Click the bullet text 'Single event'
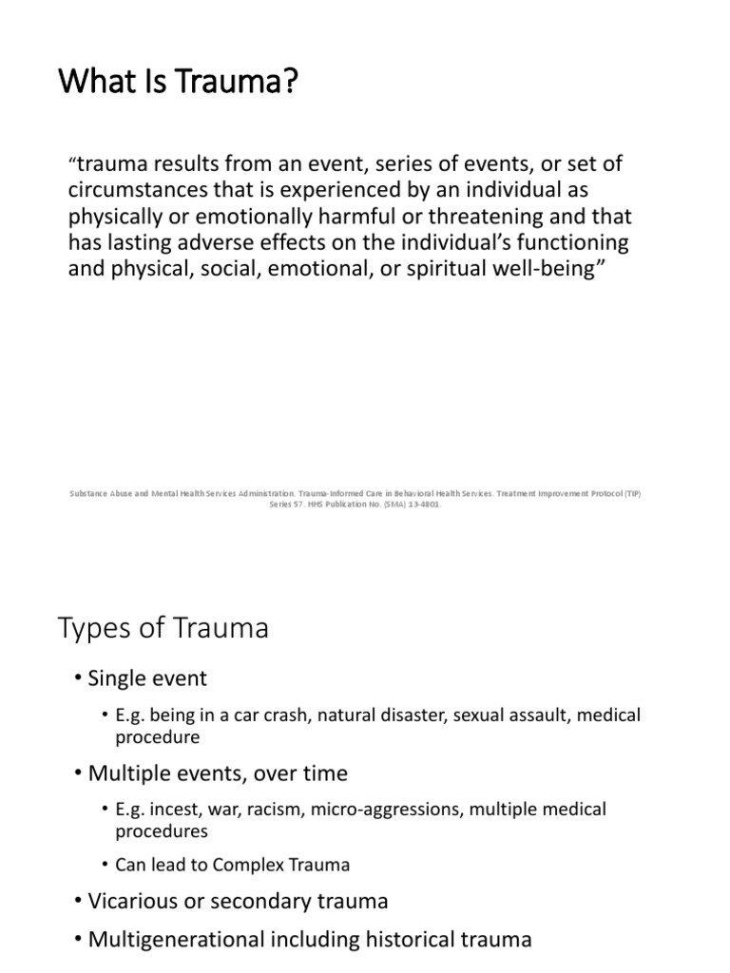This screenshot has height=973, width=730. click(x=147, y=678)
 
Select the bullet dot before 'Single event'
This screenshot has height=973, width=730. click(x=78, y=679)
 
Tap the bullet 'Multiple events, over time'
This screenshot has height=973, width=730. click(x=218, y=773)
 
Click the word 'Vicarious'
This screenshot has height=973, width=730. click(x=131, y=901)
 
